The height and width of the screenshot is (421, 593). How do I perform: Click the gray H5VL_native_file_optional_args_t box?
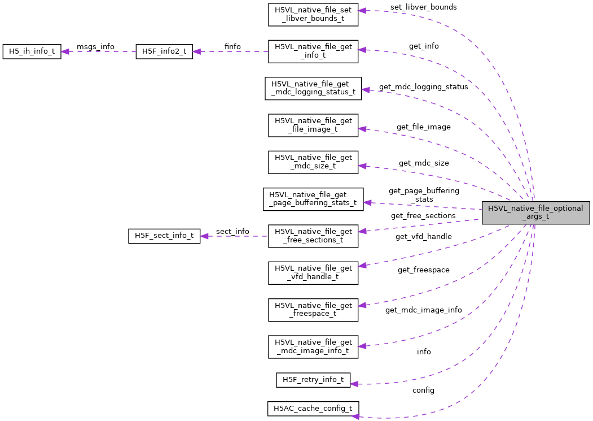(535, 212)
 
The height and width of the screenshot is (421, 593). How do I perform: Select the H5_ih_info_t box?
(32, 51)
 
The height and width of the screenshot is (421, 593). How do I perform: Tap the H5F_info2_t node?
(164, 51)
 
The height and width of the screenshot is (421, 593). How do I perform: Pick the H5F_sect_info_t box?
(164, 236)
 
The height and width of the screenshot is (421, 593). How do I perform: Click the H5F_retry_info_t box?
(313, 380)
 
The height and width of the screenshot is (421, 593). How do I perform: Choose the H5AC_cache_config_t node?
(313, 409)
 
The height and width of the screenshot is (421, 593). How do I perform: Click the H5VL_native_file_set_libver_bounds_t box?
(313, 15)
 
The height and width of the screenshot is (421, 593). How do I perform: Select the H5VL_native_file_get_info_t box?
(313, 51)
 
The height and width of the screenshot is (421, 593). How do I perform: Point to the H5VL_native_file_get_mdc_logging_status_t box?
(313, 89)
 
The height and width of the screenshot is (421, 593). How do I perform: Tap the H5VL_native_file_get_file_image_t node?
(313, 125)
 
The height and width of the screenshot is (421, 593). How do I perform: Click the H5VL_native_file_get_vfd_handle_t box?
(313, 272)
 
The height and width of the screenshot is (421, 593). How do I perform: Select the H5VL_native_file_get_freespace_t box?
(313, 310)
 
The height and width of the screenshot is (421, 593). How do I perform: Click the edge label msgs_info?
(95, 46)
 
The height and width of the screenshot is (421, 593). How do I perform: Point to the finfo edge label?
(232, 46)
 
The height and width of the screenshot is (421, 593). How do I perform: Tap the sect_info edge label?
(232, 231)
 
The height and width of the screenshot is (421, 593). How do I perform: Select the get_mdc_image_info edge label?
(423, 310)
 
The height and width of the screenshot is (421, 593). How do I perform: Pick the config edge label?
(423, 390)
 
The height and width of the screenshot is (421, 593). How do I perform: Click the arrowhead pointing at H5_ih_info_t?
(65, 51)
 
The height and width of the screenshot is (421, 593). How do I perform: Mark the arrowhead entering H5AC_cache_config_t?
(356, 416)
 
